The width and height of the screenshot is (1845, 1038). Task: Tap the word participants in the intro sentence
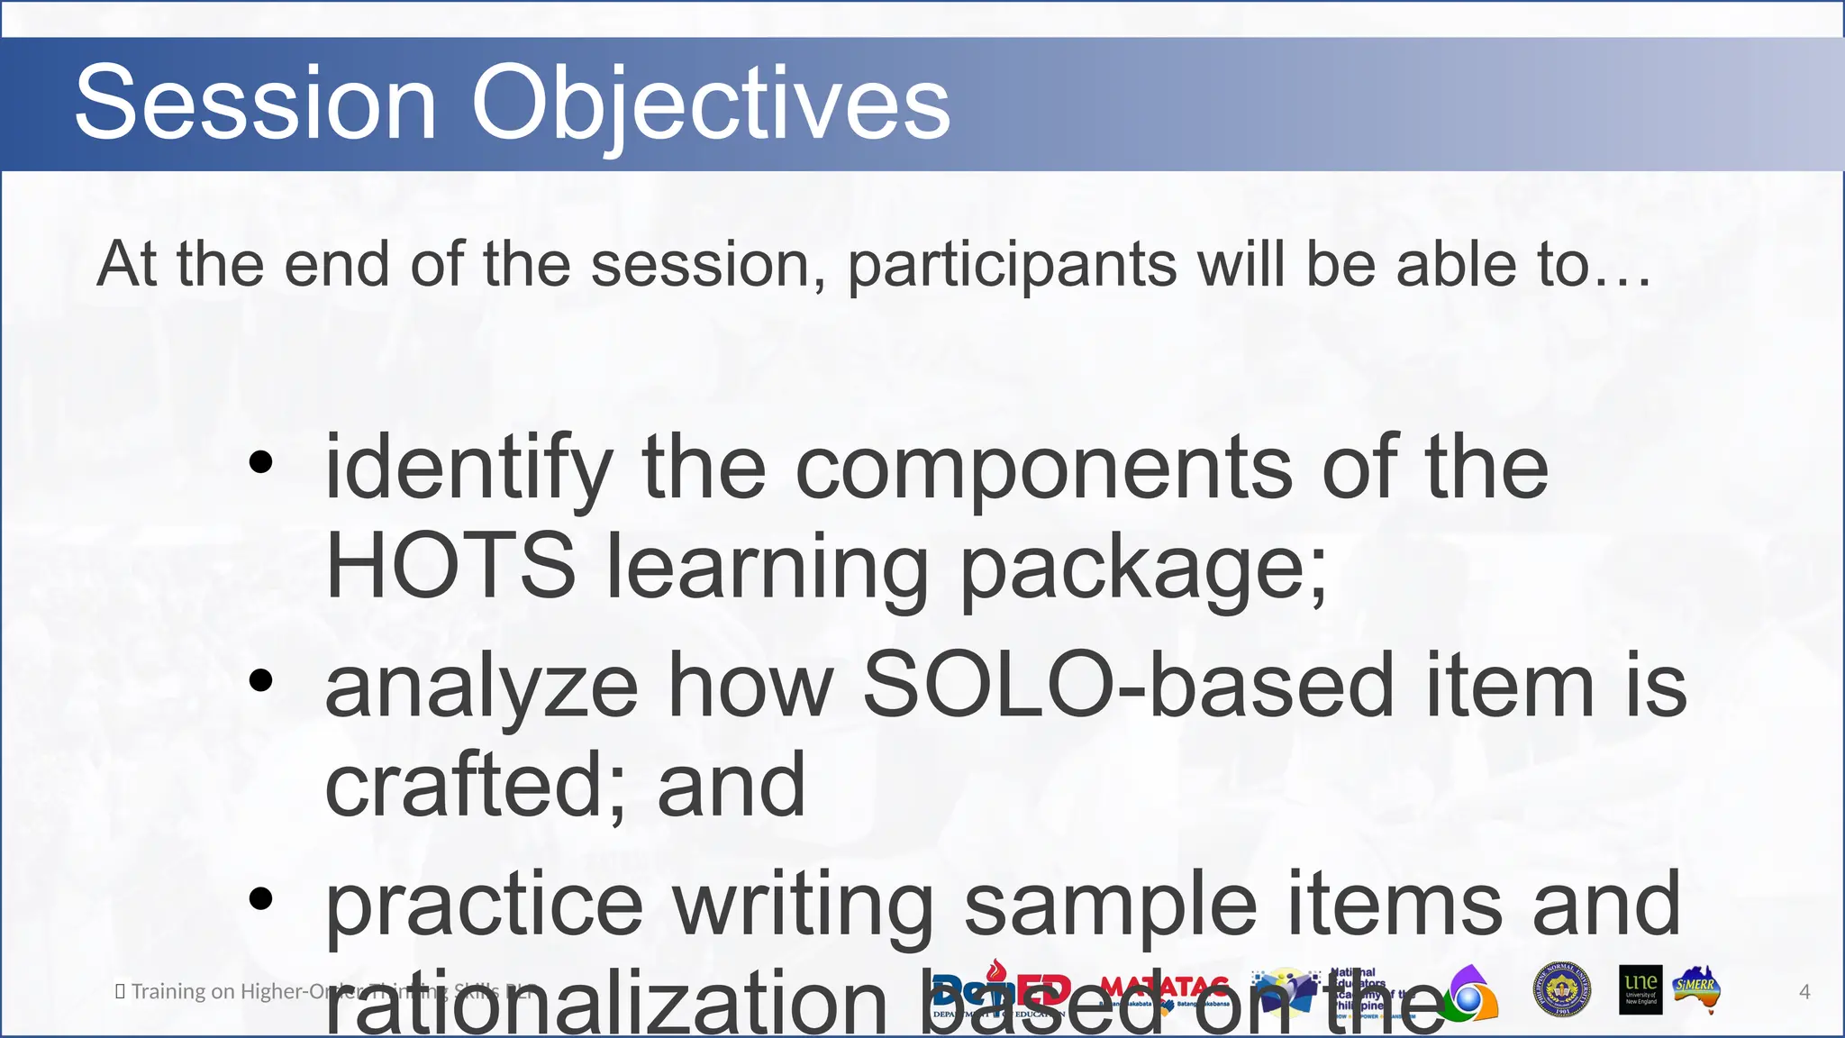(x=1012, y=267)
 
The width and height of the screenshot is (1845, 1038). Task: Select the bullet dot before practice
(x=260, y=898)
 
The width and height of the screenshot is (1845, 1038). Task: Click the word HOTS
(x=450, y=566)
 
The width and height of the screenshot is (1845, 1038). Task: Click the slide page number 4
(x=1804, y=992)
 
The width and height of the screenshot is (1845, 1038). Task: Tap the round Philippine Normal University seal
(x=1561, y=989)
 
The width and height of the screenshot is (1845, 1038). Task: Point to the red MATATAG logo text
(x=1164, y=987)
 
